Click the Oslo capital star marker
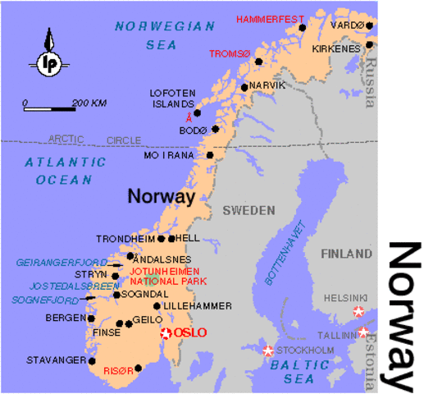(166, 332)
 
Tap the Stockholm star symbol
(268, 350)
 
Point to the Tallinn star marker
(363, 332)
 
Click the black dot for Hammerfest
(302, 27)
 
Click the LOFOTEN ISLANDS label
(171, 98)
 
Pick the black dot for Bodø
(216, 128)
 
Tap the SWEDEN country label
(248, 210)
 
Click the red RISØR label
(116, 371)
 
